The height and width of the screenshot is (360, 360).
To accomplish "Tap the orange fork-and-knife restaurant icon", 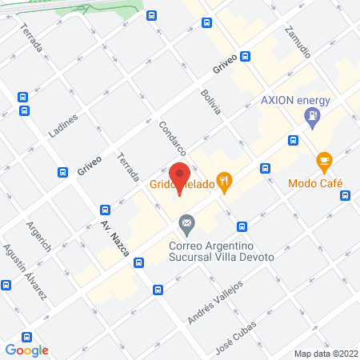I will pos(226,183).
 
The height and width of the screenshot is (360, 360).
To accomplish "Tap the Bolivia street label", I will pos(210,103).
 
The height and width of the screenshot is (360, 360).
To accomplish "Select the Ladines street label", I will pos(65,126).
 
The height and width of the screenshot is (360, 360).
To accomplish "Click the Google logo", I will pos(27,350).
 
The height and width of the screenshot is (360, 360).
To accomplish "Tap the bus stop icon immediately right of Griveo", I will pos(245,56).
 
